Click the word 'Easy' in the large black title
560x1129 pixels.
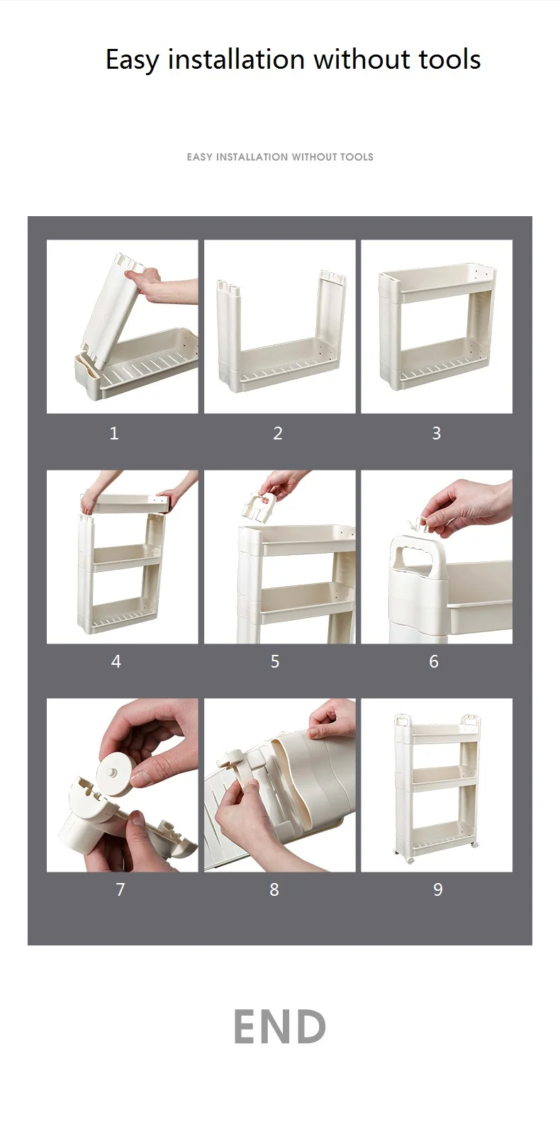click(132, 60)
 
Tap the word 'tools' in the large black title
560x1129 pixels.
click(449, 59)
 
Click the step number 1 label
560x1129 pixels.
click(114, 433)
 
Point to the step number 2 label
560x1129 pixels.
click(278, 433)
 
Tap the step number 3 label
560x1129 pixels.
click(437, 433)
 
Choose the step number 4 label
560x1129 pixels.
click(116, 661)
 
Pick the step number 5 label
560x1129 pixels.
click(275, 661)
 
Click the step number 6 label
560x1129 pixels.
click(434, 661)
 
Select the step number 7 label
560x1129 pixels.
click(120, 889)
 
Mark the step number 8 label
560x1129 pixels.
click(274, 889)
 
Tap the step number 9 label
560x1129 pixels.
click(437, 889)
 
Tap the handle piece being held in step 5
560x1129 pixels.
click(259, 505)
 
